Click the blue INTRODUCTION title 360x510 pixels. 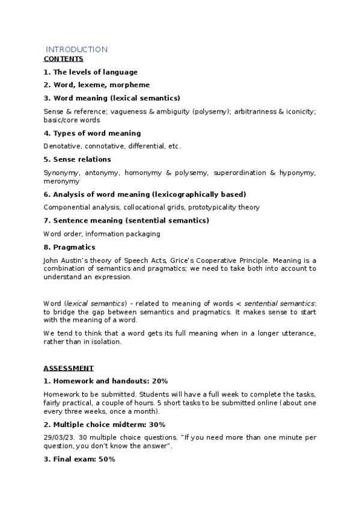pos(77,49)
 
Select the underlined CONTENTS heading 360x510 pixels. pos(63,59)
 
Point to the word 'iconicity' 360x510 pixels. pos(300,111)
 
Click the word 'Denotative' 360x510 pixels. pos(62,146)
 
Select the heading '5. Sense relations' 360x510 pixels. pos(77,159)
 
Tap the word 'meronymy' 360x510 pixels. pos(61,181)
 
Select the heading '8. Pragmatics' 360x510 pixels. pos(69,247)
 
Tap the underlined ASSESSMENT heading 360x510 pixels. pos(68,368)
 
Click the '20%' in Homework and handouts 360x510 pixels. pos(159,381)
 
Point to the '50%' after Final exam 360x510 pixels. pos(105,459)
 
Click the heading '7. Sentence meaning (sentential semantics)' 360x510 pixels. pos(126,221)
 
